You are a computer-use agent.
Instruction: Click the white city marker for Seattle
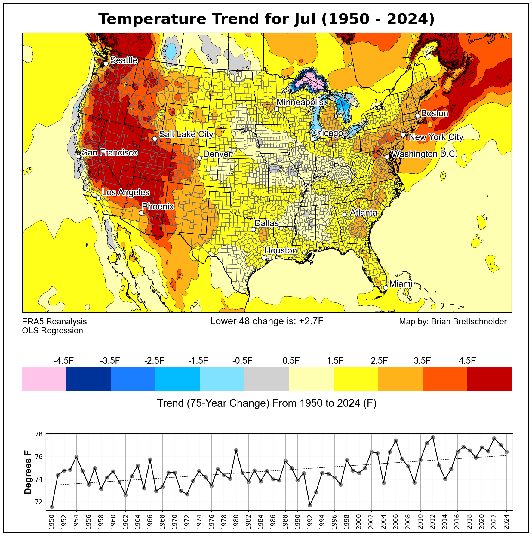click(106, 63)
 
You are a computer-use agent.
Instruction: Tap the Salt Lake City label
click(186, 134)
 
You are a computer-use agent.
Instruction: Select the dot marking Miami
click(386, 288)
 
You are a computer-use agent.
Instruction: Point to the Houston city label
click(281, 250)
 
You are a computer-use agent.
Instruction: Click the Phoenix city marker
click(141, 213)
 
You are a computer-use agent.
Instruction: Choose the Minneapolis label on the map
click(300, 102)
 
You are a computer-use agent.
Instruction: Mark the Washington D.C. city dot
click(387, 157)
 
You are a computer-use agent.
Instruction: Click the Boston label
click(435, 113)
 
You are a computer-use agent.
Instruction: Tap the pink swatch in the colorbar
click(44, 379)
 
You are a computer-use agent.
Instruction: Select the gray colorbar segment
click(267, 379)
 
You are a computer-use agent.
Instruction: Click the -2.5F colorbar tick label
click(154, 361)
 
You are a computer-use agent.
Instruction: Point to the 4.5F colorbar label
click(467, 361)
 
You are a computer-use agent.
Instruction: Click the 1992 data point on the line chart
click(310, 505)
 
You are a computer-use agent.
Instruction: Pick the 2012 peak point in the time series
click(433, 437)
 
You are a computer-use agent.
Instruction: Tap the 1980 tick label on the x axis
click(236, 522)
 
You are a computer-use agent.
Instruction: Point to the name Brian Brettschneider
click(469, 322)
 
